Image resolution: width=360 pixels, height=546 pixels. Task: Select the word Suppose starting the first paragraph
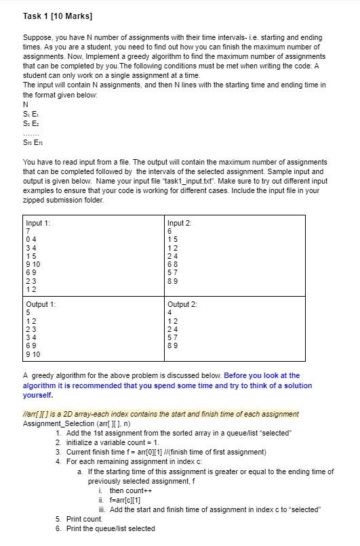point(38,37)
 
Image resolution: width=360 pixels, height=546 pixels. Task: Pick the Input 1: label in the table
point(38,223)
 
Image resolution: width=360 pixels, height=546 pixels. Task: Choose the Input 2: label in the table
point(180,223)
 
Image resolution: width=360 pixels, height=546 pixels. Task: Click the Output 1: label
point(41,304)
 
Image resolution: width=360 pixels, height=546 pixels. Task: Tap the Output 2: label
point(182,304)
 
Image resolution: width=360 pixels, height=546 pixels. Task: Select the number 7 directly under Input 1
point(28,230)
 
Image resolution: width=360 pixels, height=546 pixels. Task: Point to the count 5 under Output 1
point(28,312)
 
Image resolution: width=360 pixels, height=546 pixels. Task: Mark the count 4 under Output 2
point(169,312)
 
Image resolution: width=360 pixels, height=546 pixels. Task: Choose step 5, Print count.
point(84,519)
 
